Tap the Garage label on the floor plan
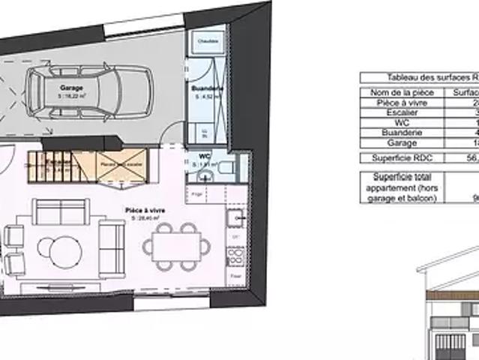71,88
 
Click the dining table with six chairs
177,244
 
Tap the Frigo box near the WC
198,193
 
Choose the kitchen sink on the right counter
238,217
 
